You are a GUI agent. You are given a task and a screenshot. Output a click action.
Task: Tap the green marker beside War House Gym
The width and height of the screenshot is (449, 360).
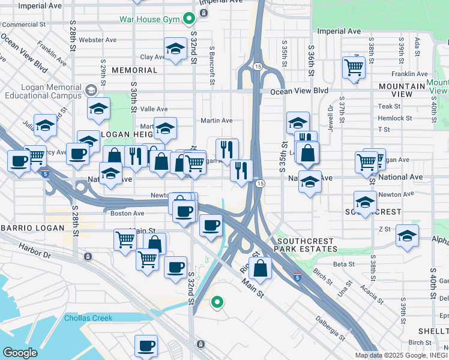[x=189, y=19]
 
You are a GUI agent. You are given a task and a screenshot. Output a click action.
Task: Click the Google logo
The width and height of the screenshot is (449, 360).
[x=20, y=353]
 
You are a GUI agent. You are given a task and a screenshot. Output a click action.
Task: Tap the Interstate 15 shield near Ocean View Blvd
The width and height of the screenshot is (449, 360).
[x=257, y=65]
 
